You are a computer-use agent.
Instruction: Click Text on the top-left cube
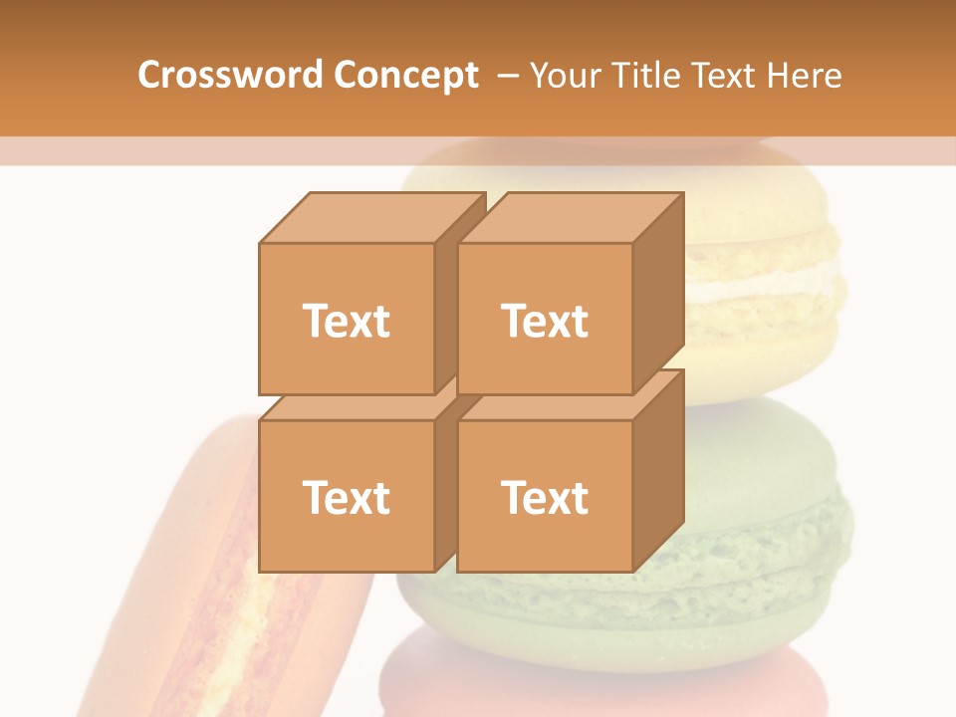point(346,321)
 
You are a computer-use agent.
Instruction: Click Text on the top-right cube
point(544,321)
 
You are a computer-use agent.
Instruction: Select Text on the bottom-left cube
point(346,497)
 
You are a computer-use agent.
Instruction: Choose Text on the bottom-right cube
point(544,497)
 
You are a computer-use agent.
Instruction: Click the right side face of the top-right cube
point(658,294)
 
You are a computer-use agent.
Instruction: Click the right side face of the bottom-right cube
point(658,470)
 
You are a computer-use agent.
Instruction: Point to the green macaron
point(757,518)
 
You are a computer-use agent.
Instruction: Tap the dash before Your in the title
point(507,75)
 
